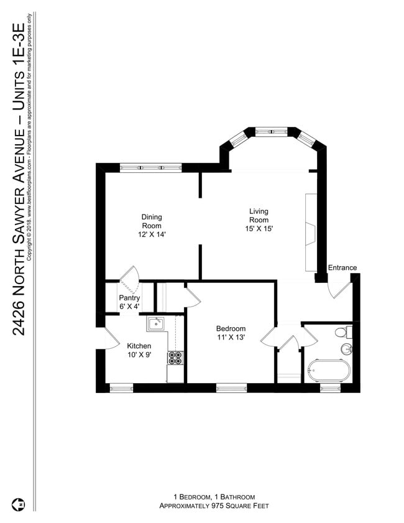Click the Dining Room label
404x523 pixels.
tap(151, 221)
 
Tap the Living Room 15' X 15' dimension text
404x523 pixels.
tap(259, 229)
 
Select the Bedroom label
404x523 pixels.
tap(231, 329)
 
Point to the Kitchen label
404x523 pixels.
tap(139, 346)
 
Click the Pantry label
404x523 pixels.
tap(130, 297)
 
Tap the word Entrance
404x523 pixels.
tap(342, 268)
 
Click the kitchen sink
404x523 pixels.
tap(155, 323)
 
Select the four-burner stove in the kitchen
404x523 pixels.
tap(175, 358)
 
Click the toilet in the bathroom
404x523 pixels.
tap(342, 332)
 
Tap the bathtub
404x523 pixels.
tap(328, 371)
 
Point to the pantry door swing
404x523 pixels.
tap(130, 279)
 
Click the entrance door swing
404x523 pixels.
tap(339, 289)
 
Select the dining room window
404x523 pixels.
tap(150, 167)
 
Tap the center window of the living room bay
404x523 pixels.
tap(272, 132)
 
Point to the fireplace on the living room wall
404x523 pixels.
tap(311, 232)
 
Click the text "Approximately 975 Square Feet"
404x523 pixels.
tap(214, 506)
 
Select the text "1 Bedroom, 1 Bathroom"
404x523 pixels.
tap(214, 497)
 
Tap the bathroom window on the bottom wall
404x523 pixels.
tap(329, 388)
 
